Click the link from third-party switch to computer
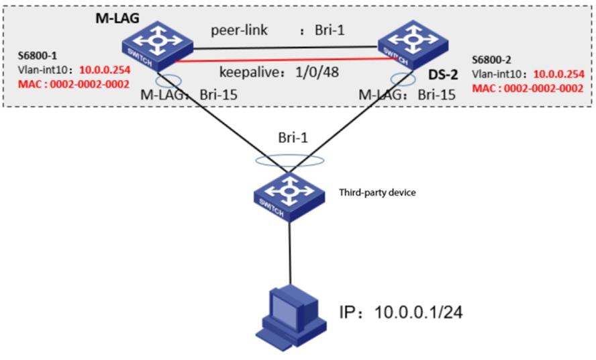(290, 252)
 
